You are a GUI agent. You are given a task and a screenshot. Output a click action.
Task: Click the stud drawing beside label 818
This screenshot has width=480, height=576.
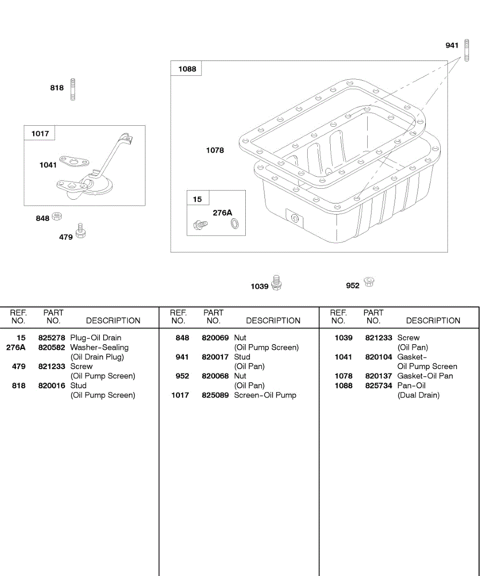[x=73, y=89]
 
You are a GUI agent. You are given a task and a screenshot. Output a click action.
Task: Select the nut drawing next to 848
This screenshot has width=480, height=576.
[x=56, y=216]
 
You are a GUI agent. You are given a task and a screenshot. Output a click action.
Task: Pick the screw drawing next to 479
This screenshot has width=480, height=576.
[x=81, y=231]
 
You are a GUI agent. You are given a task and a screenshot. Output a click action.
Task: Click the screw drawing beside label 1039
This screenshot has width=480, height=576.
[x=276, y=283]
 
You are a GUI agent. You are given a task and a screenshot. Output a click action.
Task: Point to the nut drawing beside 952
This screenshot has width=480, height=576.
[x=369, y=282]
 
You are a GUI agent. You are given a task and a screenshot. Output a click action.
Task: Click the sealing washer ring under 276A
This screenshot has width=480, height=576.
[x=234, y=223]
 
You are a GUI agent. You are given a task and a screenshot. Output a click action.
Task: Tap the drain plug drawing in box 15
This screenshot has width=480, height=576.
[x=200, y=223]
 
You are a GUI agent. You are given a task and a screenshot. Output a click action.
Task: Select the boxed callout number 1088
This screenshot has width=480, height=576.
[x=187, y=69]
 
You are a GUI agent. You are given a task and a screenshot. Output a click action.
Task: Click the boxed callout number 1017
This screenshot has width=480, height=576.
[x=40, y=133]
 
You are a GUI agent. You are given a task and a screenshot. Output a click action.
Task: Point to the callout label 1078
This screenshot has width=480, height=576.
[x=215, y=150]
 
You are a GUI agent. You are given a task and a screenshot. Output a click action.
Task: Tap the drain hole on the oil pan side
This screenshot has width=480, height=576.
[x=294, y=219]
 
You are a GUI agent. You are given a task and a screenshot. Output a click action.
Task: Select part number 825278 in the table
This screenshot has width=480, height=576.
[x=52, y=338]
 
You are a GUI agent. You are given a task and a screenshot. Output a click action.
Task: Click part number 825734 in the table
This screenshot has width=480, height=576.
[x=379, y=386]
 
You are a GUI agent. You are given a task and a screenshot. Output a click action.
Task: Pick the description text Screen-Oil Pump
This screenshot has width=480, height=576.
[x=265, y=396]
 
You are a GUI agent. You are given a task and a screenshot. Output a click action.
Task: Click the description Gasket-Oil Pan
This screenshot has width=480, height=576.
[x=425, y=376]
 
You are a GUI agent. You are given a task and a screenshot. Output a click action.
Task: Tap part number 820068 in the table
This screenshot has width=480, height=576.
[x=216, y=376]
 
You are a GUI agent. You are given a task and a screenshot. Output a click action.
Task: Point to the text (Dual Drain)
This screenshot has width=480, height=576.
[x=418, y=396]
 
